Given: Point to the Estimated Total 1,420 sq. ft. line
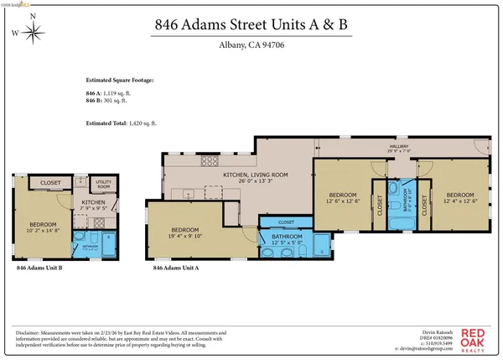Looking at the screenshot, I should pos(121,123).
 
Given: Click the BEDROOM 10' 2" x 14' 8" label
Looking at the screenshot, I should pos(43,227).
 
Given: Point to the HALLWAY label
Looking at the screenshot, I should pos(397,148).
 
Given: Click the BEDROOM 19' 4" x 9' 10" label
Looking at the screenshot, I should pos(185,233).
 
